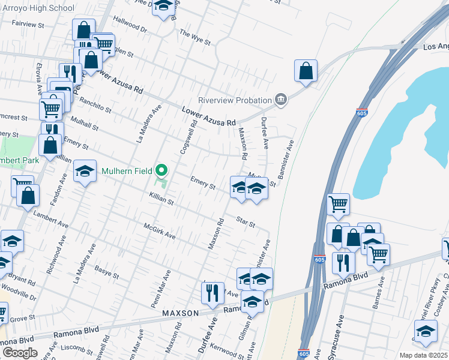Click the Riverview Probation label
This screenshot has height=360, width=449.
(x=235, y=100)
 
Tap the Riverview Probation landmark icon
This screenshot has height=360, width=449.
(x=280, y=99)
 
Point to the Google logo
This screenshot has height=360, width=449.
(x=20, y=353)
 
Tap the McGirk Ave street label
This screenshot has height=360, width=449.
(x=159, y=231)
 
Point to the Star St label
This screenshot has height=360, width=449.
(x=246, y=222)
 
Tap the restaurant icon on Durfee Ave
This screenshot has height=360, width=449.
(x=212, y=293)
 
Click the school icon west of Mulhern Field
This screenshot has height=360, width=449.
(x=85, y=171)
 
